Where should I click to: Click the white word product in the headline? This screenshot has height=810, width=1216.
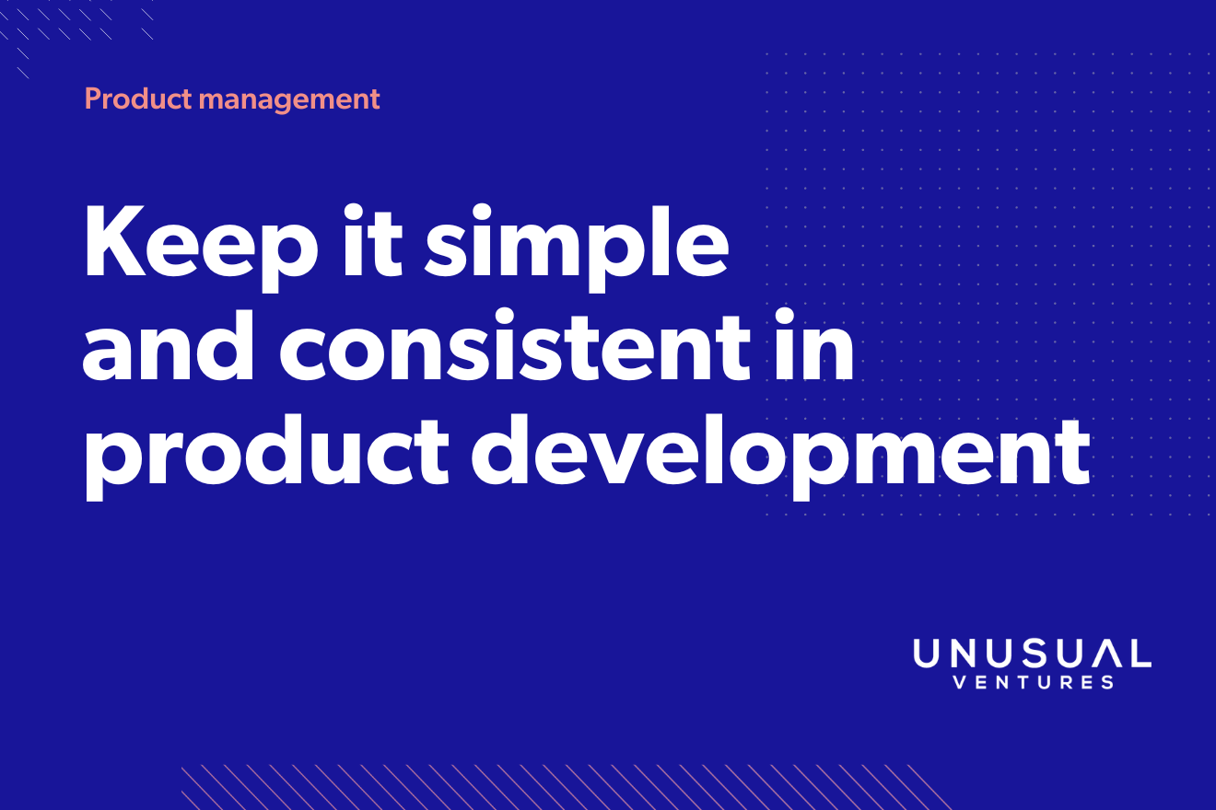pos(264,455)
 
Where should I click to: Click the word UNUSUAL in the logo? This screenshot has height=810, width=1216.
pos(1032,654)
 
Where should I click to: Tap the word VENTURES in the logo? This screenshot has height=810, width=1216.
pos(1032,683)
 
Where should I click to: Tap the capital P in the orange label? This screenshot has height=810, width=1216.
pos(93,98)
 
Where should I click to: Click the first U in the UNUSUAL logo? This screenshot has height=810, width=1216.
pos(928,654)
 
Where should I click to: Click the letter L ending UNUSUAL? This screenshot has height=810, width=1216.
pos(1140,654)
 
